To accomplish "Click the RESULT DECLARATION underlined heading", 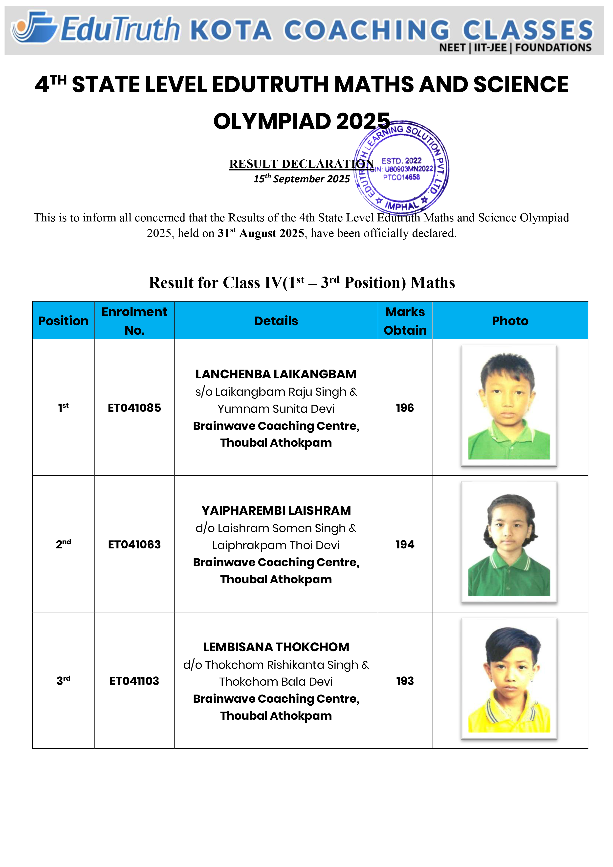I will coord(301,164).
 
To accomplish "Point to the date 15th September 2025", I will coord(301,179).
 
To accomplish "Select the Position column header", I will coord(63,321).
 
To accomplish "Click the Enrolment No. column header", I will coord(134,321).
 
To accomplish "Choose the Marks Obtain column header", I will coord(405,321).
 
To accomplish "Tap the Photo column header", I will coord(510,321).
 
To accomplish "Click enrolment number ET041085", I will coord(134,408).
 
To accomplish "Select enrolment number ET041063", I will coord(134,544).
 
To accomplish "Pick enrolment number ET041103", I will coord(134,681).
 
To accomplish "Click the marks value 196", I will coord(405,408).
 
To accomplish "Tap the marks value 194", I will coord(405,544).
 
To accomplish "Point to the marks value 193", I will coord(405,681).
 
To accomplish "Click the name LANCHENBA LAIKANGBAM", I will coord(276,374).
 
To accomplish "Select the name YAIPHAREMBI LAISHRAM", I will coord(276,511).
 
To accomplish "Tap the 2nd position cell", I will coord(63,544).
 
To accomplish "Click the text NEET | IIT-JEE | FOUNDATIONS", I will coord(515,48).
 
